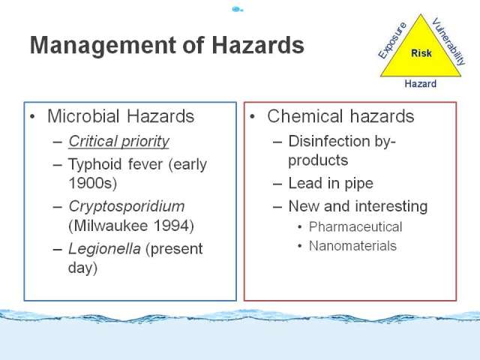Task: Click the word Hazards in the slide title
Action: [258, 45]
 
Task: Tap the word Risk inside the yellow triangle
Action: [421, 53]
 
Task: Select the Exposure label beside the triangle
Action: [392, 40]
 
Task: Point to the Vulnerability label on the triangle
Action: [448, 42]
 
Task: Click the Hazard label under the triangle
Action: [420, 83]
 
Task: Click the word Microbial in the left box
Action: [83, 116]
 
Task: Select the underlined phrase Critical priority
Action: [118, 142]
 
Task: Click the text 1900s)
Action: [93, 183]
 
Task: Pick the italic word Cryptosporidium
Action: [127, 207]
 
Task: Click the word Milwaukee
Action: [108, 226]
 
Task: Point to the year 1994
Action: [173, 226]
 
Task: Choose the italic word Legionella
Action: [105, 248]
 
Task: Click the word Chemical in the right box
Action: [305, 116]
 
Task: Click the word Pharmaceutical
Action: [355, 226]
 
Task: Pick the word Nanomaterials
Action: [352, 246]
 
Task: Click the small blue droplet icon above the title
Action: [237, 9]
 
